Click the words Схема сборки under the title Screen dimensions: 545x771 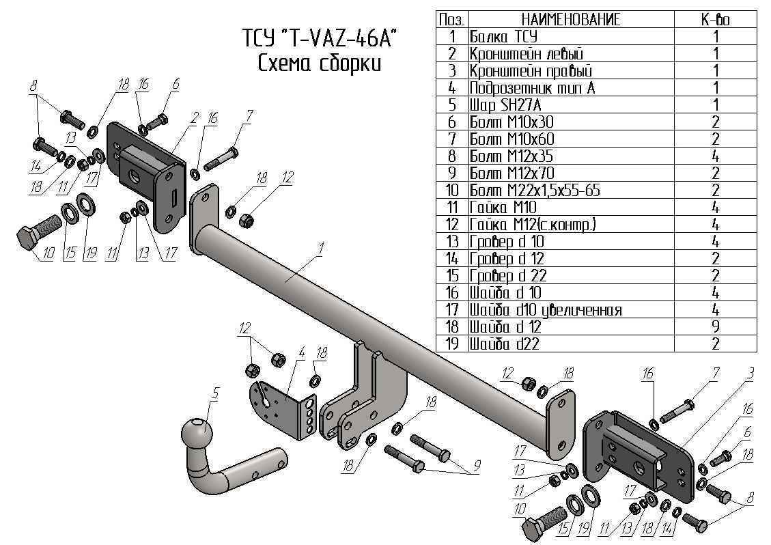pyautogui.click(x=319, y=64)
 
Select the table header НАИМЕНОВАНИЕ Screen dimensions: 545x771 pyautogui.click(x=571, y=20)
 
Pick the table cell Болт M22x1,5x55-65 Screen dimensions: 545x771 pyautogui.click(x=535, y=191)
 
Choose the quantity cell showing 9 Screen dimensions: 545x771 pyautogui.click(x=715, y=327)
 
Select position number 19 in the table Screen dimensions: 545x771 pyautogui.click(x=451, y=344)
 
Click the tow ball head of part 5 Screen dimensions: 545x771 pyautogui.click(x=197, y=433)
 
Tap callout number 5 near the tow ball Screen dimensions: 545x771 pyautogui.click(x=216, y=393)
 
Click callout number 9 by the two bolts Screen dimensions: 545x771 pyautogui.click(x=477, y=466)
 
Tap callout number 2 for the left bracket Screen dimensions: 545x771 pyautogui.click(x=194, y=117)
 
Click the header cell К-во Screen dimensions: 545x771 pyautogui.click(x=715, y=20)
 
